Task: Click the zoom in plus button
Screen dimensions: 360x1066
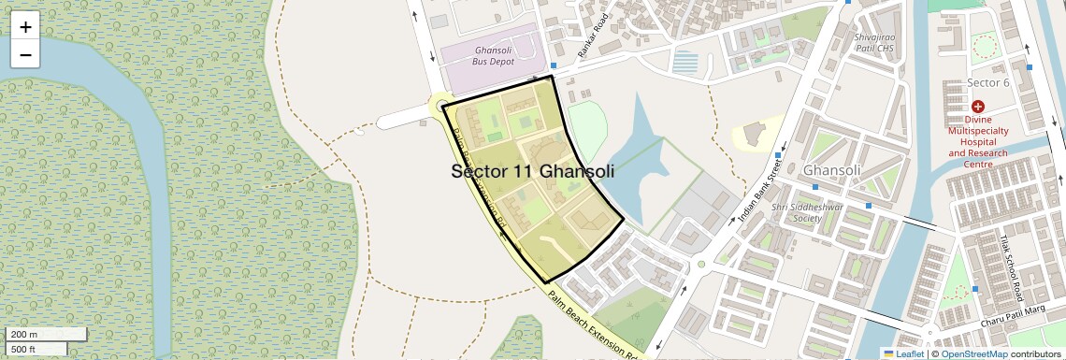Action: click(25, 27)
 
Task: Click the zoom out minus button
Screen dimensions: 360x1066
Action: click(25, 55)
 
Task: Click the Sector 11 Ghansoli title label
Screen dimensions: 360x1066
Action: click(532, 172)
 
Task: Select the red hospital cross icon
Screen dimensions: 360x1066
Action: click(978, 108)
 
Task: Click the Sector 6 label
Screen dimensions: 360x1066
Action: click(988, 83)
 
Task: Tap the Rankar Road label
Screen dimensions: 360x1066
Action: click(593, 36)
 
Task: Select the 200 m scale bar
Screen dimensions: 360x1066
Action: click(46, 334)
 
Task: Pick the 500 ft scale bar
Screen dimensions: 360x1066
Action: click(36, 349)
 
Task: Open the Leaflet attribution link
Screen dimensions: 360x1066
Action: click(903, 353)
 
